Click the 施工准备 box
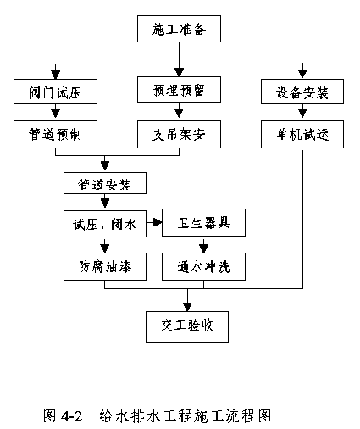click(x=179, y=29)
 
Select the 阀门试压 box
click(x=55, y=92)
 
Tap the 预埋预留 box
click(x=179, y=89)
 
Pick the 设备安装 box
click(x=302, y=92)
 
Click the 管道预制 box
click(x=55, y=134)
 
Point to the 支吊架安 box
click(x=179, y=134)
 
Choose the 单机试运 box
click(x=302, y=134)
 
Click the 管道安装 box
click(x=105, y=183)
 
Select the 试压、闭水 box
click(x=105, y=224)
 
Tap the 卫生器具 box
click(x=203, y=223)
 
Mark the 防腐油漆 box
click(x=105, y=266)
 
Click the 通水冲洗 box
click(x=203, y=266)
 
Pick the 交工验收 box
click(x=187, y=326)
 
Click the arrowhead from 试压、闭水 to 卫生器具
click(x=158, y=223)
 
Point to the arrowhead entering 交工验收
click(x=187, y=307)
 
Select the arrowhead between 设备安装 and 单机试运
click(x=302, y=113)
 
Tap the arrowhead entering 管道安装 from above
click(x=105, y=166)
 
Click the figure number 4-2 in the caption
click(x=71, y=416)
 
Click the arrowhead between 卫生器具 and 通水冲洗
click(x=203, y=248)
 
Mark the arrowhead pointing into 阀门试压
click(x=55, y=75)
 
